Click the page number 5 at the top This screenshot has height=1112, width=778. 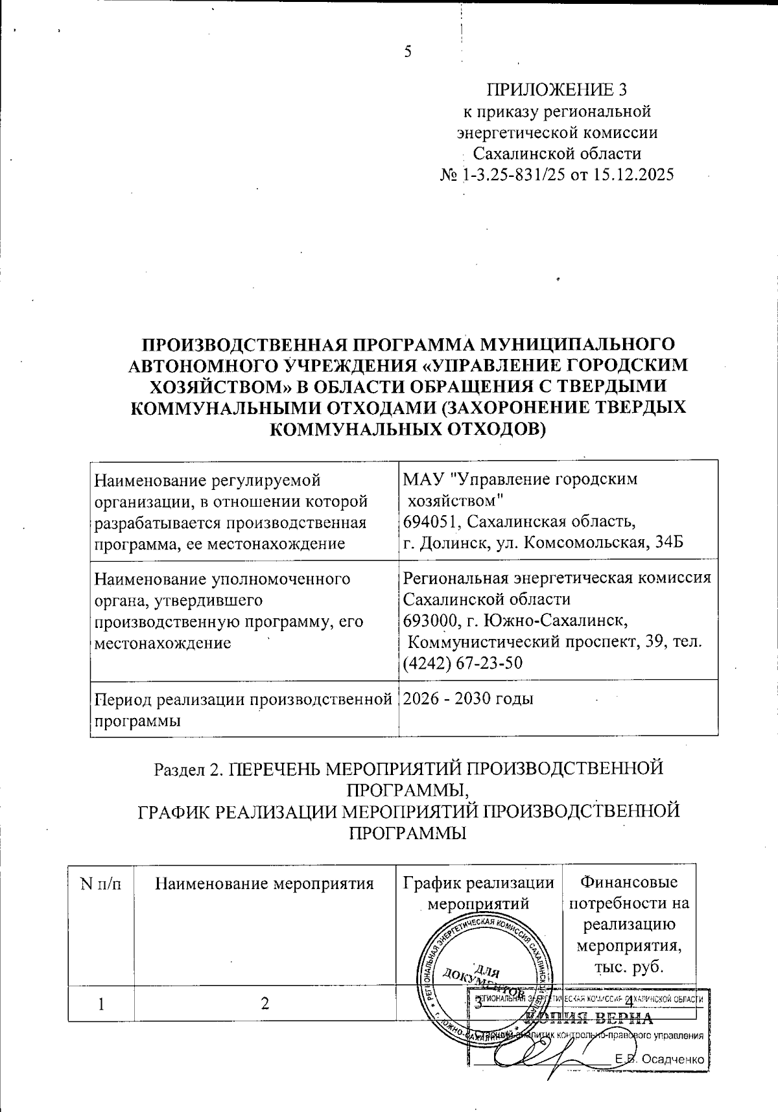(x=408, y=52)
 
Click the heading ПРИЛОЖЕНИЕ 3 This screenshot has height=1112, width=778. (x=557, y=89)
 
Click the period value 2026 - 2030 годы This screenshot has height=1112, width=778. (x=468, y=699)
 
